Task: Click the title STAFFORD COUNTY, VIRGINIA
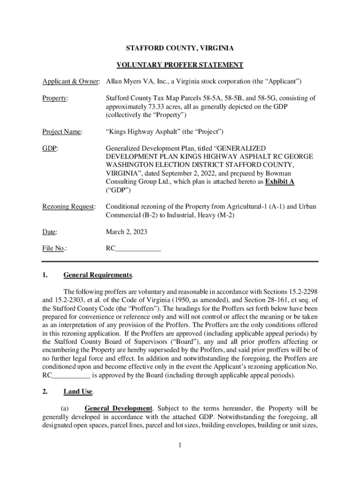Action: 180,48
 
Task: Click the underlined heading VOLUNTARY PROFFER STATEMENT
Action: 180,65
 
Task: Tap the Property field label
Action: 55,98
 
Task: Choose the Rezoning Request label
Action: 69,206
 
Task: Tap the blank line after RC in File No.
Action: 138,249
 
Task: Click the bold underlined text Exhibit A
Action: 280,181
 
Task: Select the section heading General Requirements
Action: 98,275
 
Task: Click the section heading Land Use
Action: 78,392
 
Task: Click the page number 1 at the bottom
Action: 180,444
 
